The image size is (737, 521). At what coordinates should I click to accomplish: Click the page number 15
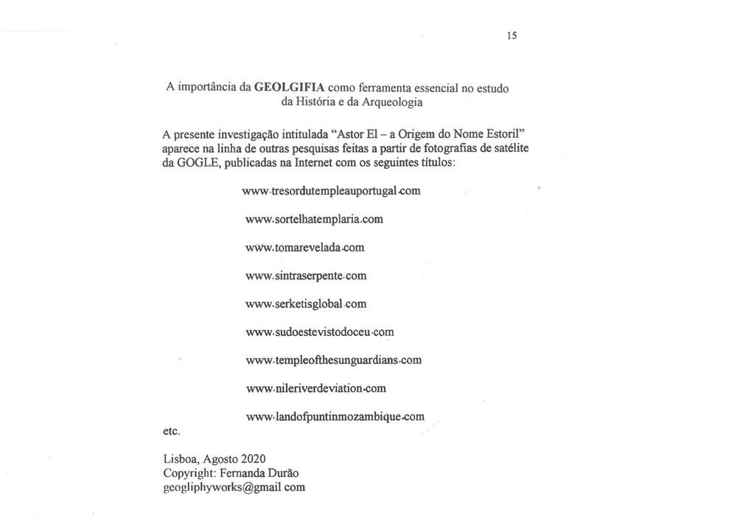click(511, 35)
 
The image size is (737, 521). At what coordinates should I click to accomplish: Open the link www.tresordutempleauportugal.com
click(331, 190)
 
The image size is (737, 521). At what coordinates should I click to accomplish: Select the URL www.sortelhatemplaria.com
click(314, 219)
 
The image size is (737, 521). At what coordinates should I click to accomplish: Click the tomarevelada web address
click(304, 247)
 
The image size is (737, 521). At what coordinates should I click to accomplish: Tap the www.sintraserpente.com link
click(305, 276)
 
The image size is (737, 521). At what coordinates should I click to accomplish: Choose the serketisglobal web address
click(305, 304)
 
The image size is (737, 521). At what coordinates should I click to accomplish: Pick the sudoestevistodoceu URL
click(319, 332)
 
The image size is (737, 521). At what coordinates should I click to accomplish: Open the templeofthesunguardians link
click(333, 360)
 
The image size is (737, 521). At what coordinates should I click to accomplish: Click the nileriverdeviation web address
click(315, 388)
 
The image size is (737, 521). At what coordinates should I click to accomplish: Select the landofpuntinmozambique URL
click(335, 416)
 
